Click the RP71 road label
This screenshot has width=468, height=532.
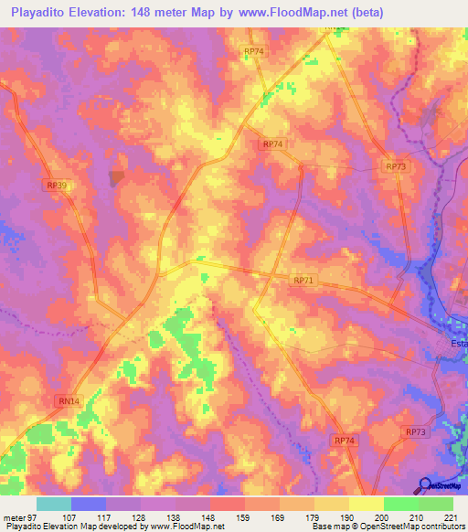tap(304, 281)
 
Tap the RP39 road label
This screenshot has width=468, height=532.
tap(57, 185)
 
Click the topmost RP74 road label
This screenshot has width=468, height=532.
tap(254, 52)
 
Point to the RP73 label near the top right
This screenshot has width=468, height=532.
tap(395, 166)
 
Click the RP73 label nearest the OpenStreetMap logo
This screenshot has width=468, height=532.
tap(415, 431)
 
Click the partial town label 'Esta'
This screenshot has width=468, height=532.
tap(458, 344)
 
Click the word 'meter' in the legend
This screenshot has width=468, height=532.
tap(13, 516)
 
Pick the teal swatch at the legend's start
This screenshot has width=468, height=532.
tap(54, 504)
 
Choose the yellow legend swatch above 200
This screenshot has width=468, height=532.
tap(367, 504)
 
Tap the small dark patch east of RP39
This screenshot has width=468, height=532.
tap(116, 177)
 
